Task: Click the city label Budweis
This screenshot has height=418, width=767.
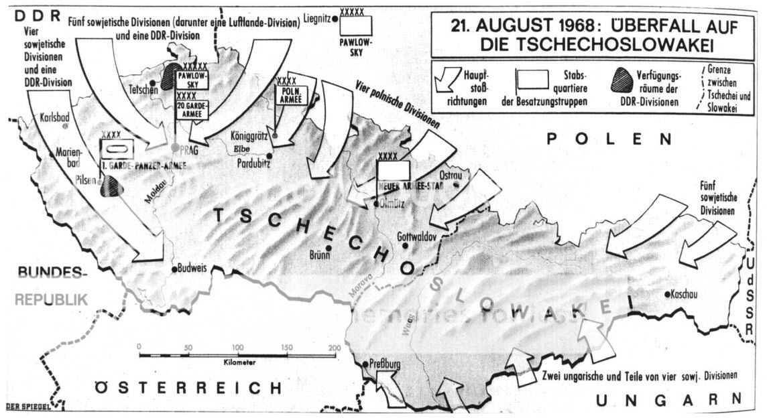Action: click(x=192, y=269)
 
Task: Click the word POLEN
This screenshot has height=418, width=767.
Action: click(x=608, y=139)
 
